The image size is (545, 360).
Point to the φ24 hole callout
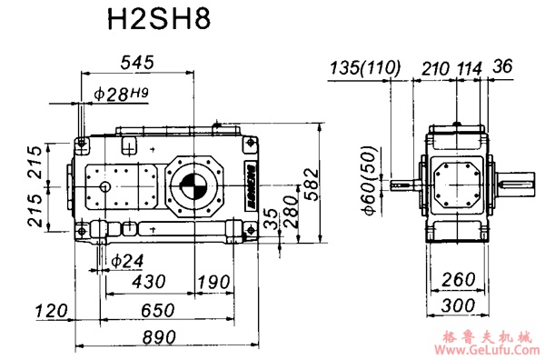pyautogui.click(x=127, y=260)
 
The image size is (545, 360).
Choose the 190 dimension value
pyautogui.click(x=213, y=283)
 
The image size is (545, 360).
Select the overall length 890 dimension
pyautogui.click(x=159, y=337)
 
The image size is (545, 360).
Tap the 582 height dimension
pyautogui.click(x=312, y=186)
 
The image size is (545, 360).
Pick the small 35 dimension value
pyautogui.click(x=269, y=219)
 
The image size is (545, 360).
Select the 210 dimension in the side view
pyautogui.click(x=436, y=68)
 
